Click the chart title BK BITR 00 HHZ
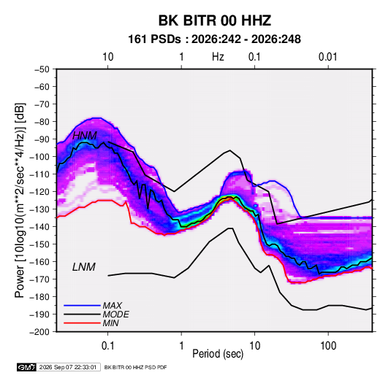click(x=215, y=20)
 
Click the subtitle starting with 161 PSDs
click(x=214, y=39)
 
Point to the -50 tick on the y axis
click(x=42, y=69)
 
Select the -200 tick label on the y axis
click(x=40, y=332)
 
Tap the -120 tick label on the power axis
click(x=40, y=191)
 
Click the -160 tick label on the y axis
click(x=40, y=262)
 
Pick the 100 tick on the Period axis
click(x=328, y=345)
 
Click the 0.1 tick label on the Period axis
click(x=107, y=345)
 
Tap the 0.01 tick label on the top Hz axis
click(x=327, y=57)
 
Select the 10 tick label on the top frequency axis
click(x=108, y=57)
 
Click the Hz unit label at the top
click(x=218, y=57)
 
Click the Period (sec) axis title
click(x=218, y=354)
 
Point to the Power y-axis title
click(x=20, y=200)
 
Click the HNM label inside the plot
click(x=85, y=136)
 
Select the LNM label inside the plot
click(x=84, y=267)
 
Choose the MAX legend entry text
click(x=113, y=306)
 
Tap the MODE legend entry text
click(x=115, y=314)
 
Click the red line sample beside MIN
click(x=82, y=323)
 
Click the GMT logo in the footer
click(x=26, y=367)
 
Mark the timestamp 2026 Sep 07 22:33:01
click(x=68, y=367)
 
